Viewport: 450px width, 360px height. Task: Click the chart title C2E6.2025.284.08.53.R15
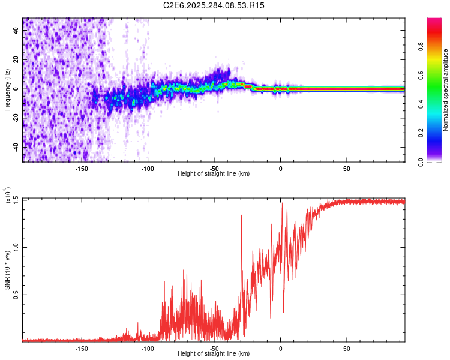coord(214,5)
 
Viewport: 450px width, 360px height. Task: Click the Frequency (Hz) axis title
coord(7,90)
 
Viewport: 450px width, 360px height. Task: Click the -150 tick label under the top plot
coord(82,169)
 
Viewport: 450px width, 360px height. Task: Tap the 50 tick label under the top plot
coord(346,169)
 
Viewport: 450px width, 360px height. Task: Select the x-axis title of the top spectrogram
coord(214,174)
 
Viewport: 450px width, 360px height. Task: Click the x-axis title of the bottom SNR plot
coord(214,354)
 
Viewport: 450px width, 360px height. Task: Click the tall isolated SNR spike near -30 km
coord(241,216)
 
